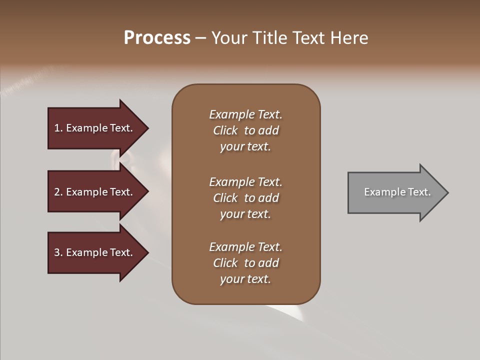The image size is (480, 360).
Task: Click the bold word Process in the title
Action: (157, 38)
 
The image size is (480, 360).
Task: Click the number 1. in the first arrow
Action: (58, 128)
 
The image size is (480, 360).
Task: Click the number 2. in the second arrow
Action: (58, 192)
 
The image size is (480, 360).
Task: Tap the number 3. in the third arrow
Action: (58, 252)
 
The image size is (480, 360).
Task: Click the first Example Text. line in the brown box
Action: (245, 114)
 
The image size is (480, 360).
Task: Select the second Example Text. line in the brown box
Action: (245, 182)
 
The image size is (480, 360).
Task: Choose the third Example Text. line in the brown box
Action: (245, 247)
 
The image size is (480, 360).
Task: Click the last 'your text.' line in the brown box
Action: (245, 279)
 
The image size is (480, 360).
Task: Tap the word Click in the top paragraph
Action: (225, 130)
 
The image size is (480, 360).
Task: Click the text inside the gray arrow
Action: (397, 192)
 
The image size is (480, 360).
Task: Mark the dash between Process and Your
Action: (201, 38)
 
